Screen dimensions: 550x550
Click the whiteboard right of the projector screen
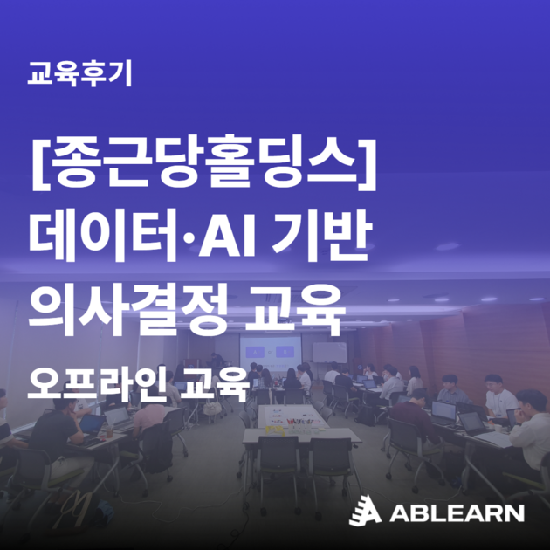[331, 352]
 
